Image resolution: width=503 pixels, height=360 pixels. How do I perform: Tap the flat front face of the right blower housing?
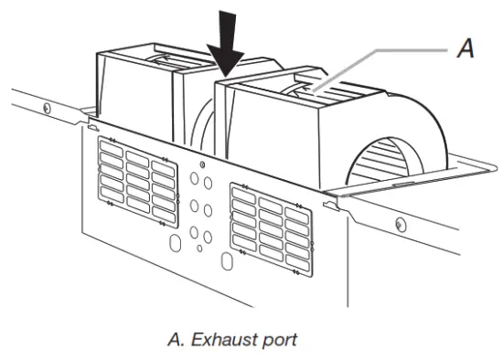point(274,137)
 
